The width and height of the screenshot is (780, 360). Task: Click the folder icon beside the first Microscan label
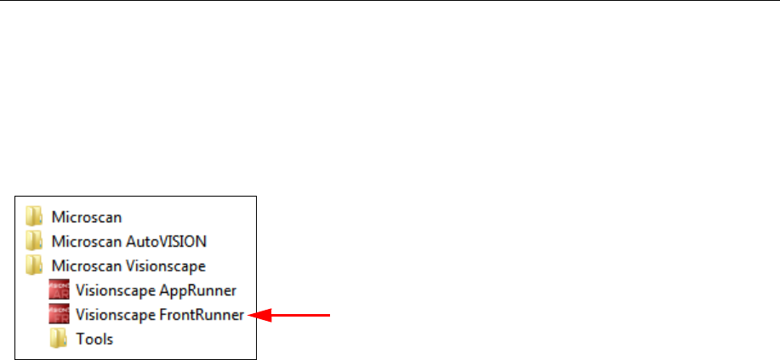click(x=34, y=215)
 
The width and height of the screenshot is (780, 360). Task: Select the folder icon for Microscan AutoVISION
click(x=34, y=240)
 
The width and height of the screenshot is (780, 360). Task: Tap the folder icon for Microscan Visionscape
click(x=34, y=265)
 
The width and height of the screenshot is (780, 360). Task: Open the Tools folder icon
click(x=58, y=339)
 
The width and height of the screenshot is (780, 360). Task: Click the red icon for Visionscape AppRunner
click(x=59, y=289)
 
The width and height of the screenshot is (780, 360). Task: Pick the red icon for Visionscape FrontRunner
click(x=59, y=314)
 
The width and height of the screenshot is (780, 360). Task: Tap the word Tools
click(x=94, y=339)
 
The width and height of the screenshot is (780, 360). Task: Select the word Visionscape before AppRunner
click(x=109, y=289)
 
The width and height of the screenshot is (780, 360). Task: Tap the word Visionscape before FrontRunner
click(x=109, y=314)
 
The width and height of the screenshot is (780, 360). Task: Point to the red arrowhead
click(x=254, y=315)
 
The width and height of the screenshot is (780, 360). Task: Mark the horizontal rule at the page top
click(x=390, y=2)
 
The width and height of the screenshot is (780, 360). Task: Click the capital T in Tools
click(x=79, y=339)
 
